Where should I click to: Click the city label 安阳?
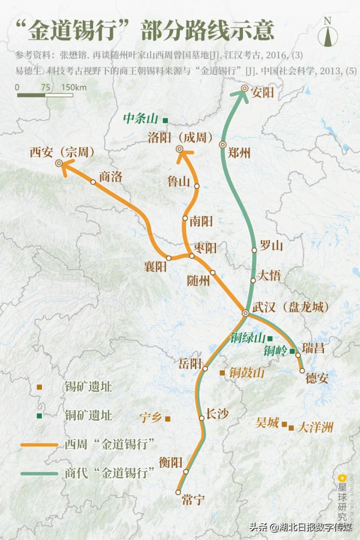[x=263, y=92]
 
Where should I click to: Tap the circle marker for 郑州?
[x=223, y=145]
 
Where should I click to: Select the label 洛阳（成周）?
[x=181, y=137]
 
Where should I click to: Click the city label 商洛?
[x=110, y=176]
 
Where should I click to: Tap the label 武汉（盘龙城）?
[x=290, y=307]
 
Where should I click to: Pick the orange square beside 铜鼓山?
[x=222, y=373]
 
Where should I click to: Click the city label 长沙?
[x=217, y=413]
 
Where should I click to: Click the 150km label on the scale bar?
[x=74, y=88]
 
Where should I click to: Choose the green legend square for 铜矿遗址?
[x=39, y=415]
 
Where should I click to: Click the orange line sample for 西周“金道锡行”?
[x=39, y=445]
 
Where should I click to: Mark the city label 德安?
[x=317, y=378]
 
